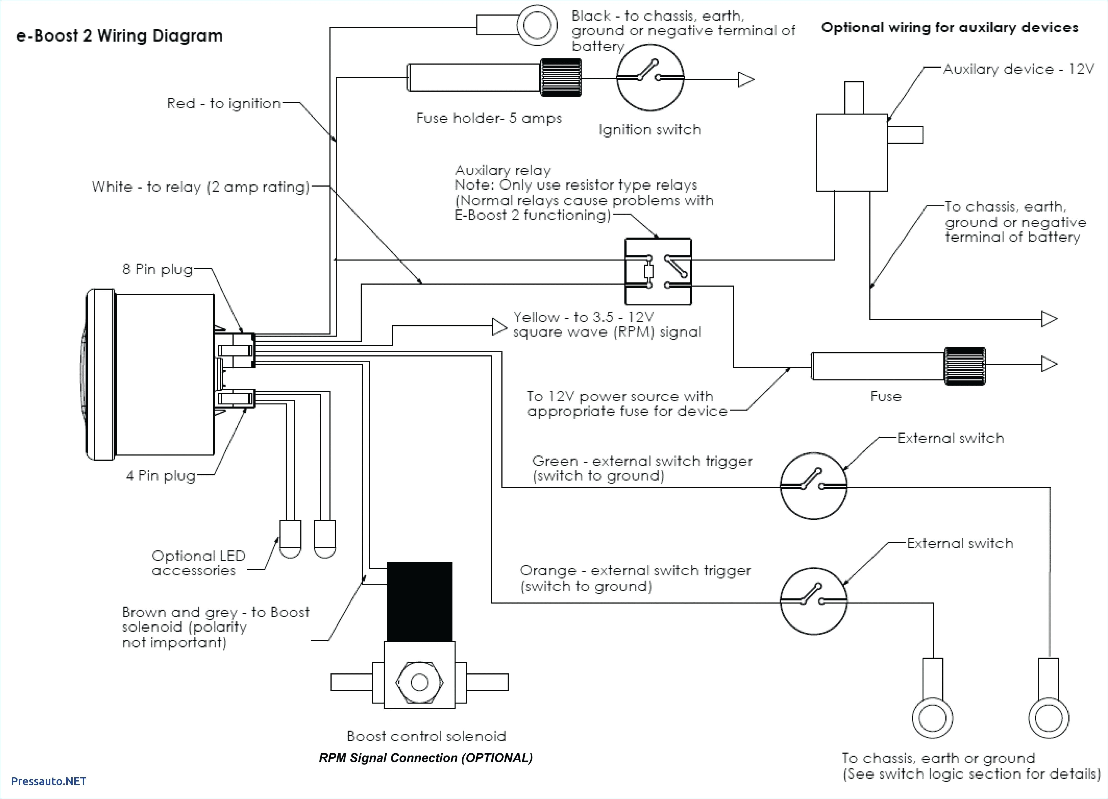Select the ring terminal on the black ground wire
(537, 25)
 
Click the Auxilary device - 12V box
(852, 152)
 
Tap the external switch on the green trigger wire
(813, 486)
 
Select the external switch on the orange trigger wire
(813, 601)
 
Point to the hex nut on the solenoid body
(419, 682)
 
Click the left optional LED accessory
(290, 539)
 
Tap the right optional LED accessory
(324, 539)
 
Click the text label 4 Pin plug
(161, 475)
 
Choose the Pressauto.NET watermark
(48, 781)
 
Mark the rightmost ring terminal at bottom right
(1048, 718)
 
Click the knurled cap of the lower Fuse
(964, 366)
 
